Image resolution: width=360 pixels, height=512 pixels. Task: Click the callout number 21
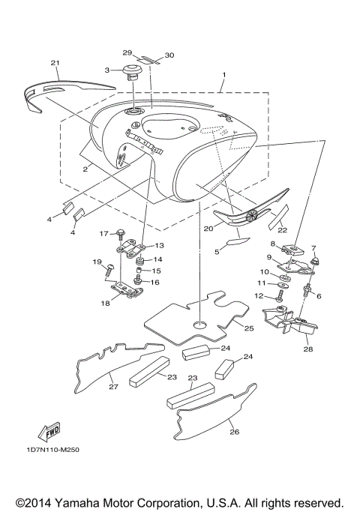click(x=55, y=62)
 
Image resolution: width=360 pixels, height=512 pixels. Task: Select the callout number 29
click(x=127, y=52)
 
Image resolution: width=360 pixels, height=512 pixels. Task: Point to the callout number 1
click(x=223, y=76)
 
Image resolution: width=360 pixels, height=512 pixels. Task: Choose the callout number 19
click(x=97, y=261)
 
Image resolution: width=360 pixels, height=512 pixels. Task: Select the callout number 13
click(x=159, y=246)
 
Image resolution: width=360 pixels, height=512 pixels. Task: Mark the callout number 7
click(x=313, y=247)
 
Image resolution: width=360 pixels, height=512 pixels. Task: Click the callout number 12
click(x=258, y=296)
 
